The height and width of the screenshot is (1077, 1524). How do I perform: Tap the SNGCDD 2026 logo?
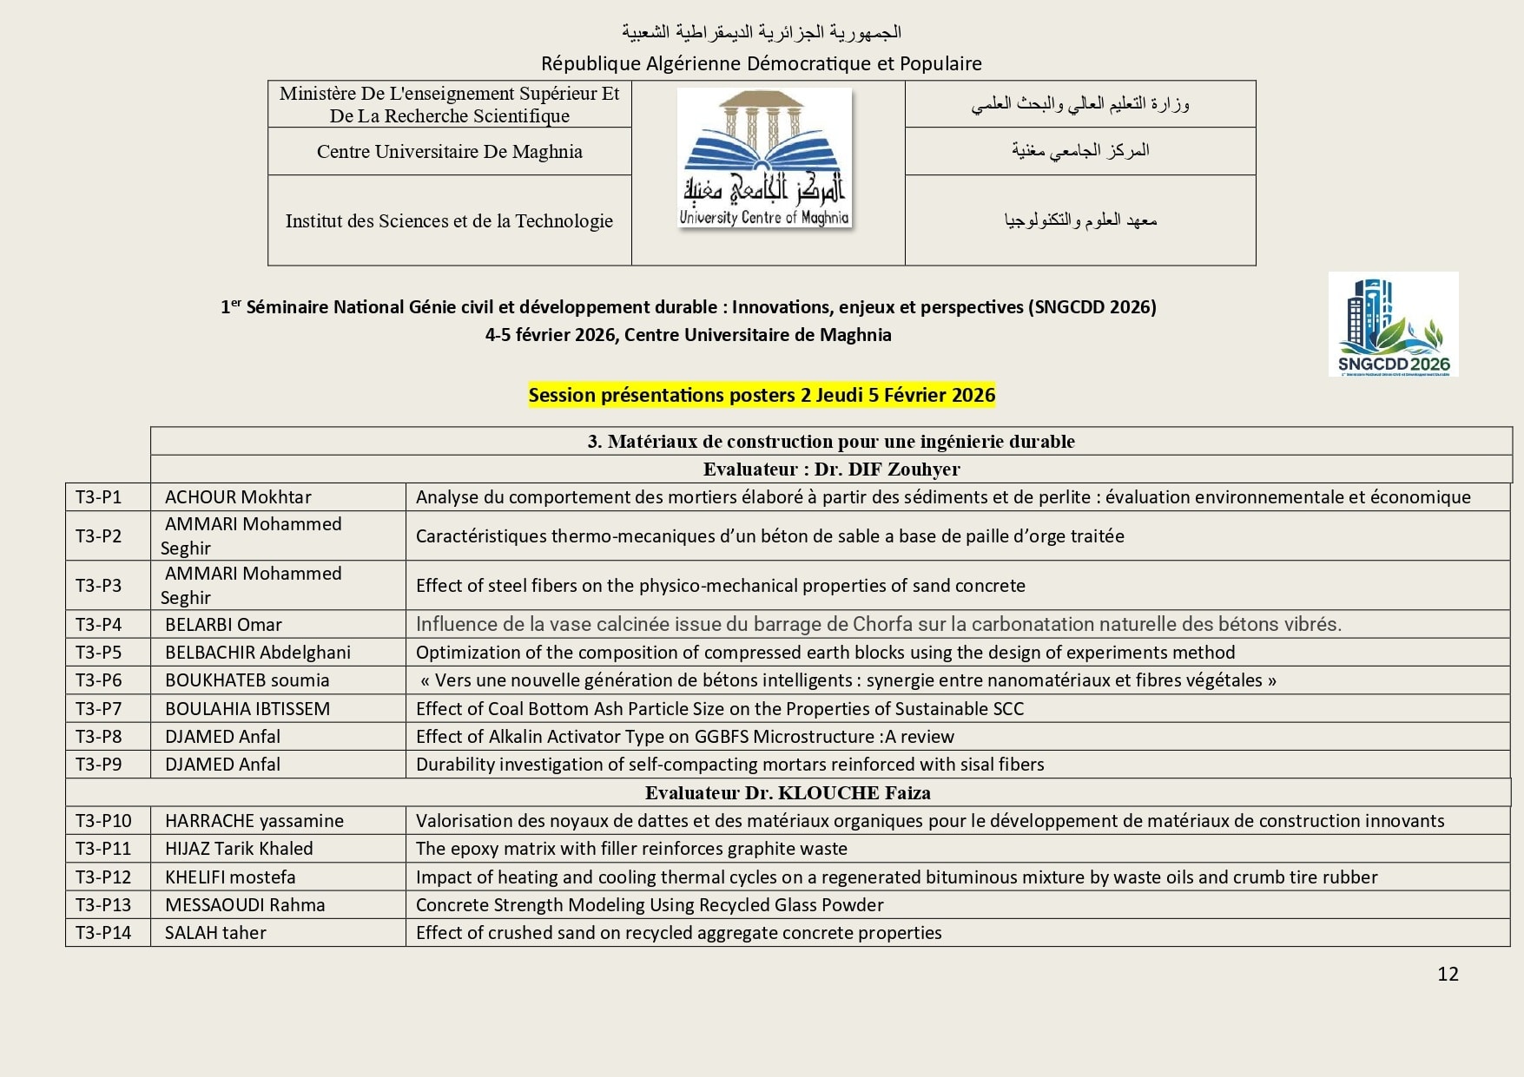(x=1393, y=324)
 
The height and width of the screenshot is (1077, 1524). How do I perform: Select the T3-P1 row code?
(x=99, y=497)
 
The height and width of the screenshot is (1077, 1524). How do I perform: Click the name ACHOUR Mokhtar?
(x=238, y=497)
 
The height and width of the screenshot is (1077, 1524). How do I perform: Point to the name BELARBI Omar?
(x=223, y=625)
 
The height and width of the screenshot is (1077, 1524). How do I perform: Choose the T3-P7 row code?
(x=99, y=709)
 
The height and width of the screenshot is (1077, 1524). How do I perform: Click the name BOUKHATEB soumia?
(x=247, y=680)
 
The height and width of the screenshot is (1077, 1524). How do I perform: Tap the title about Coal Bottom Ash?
(x=720, y=709)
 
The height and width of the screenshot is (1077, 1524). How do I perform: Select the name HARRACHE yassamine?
(x=254, y=821)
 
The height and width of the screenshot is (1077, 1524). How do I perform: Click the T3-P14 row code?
(x=103, y=933)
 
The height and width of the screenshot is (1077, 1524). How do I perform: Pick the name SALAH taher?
(x=215, y=933)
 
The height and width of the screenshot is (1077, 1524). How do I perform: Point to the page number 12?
(x=1448, y=974)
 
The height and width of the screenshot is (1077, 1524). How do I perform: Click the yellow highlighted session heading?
(x=762, y=396)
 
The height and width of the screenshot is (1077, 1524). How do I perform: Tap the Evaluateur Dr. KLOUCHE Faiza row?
(x=788, y=793)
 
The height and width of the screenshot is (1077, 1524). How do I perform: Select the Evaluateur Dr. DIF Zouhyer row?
(x=831, y=470)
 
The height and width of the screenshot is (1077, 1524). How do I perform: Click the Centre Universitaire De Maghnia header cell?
(x=449, y=152)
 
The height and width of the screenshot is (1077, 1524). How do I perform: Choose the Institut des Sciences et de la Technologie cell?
(x=449, y=221)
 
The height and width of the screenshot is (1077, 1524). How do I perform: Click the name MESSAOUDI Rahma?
(x=245, y=905)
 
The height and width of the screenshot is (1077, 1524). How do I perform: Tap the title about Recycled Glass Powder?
(x=650, y=905)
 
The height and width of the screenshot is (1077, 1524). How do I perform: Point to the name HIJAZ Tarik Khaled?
(x=239, y=849)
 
